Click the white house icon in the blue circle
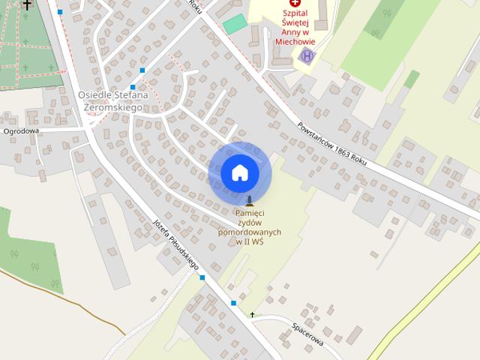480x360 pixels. pos(240,173)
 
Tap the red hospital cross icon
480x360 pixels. pos(295,3)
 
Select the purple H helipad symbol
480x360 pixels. pos(306,55)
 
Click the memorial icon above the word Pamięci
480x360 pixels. pos(250,200)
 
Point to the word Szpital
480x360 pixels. pos(295,13)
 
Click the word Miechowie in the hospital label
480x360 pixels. pos(295,42)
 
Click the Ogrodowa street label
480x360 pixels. pos(21,131)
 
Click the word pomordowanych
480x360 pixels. pos(250,232)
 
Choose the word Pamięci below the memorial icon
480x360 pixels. pos(250,213)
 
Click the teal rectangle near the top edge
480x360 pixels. pos(234,23)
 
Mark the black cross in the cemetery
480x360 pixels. pos(28,4)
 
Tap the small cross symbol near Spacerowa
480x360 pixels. pos(253,314)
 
